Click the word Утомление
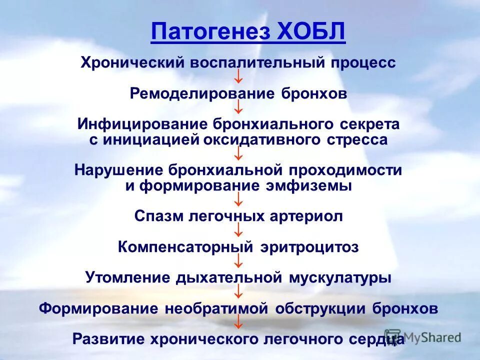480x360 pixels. click(125, 278)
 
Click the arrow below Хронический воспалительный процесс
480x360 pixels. click(239, 77)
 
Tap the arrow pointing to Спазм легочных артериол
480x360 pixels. click(239, 200)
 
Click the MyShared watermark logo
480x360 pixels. click(423, 337)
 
